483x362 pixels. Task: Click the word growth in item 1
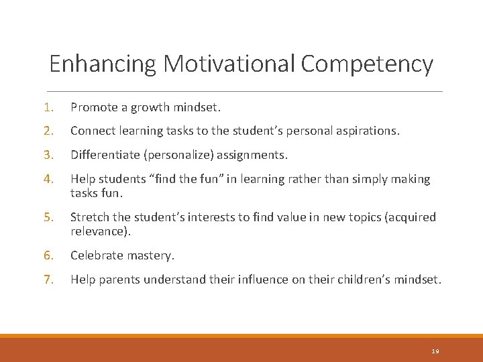pyautogui.click(x=147, y=107)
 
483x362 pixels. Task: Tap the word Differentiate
pyautogui.click(x=103, y=156)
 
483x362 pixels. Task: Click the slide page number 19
pyautogui.click(x=435, y=351)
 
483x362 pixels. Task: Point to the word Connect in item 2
pyautogui.click(x=92, y=131)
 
